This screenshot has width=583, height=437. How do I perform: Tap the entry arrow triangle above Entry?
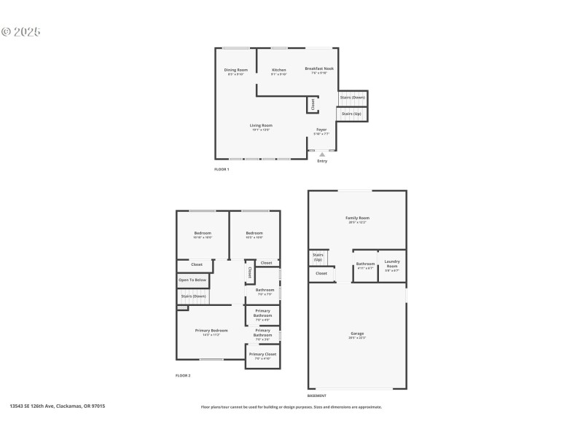click(322, 154)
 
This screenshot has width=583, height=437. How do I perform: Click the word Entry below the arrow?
click(322, 161)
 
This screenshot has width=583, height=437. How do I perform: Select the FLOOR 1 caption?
click(222, 169)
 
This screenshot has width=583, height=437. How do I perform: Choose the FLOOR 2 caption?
click(183, 375)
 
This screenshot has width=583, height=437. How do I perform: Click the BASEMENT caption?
click(316, 395)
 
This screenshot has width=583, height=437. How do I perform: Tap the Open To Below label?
click(192, 280)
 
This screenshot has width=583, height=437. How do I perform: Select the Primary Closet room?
click(262, 356)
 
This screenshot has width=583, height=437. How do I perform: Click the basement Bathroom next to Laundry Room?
click(365, 265)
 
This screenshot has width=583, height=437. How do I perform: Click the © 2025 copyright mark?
click(20, 32)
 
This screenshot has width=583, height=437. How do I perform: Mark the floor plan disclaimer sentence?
click(291, 407)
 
